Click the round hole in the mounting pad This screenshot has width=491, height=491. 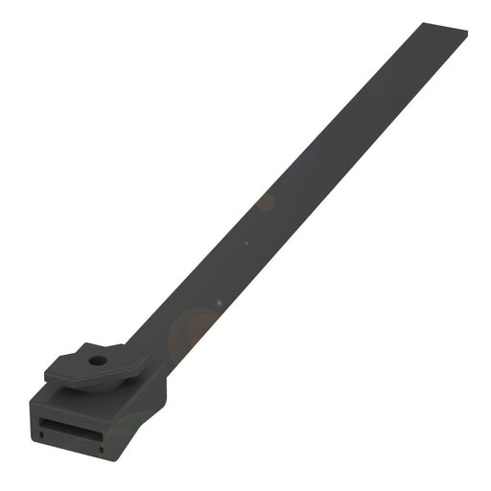tap(97, 362)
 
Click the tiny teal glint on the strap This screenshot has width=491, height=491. tap(220, 304)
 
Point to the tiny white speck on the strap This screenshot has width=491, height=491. tap(246, 243)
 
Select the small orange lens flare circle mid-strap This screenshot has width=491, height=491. tap(266, 203)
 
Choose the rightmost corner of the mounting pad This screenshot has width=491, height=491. tap(151, 357)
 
